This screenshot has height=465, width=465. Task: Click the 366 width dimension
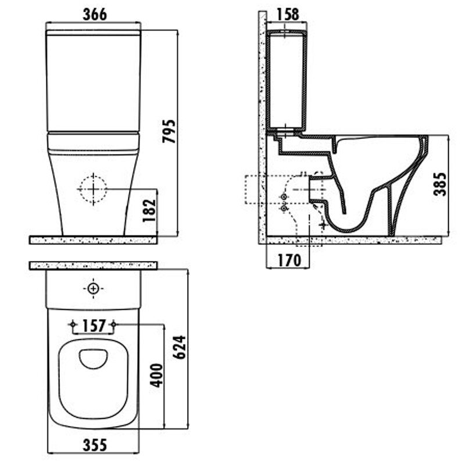pos(95,14)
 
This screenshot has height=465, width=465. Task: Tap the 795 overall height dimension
pos(169,131)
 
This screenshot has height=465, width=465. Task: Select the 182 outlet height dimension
pos(149,210)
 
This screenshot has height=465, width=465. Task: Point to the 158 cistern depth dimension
pos(287,14)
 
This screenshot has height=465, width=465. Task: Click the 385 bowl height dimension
pos(440,184)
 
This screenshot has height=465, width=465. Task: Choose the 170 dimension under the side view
pos(289,260)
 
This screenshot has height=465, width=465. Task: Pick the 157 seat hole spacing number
pos(94,325)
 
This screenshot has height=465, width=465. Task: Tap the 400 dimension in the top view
pos(156,375)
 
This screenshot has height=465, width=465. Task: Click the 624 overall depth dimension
pos(179,347)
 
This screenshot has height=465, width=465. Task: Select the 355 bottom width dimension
pos(95,445)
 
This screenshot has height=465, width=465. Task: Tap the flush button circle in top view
pos(94,288)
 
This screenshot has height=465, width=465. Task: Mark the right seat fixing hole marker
pos(113,324)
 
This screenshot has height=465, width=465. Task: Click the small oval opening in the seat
pos(94,359)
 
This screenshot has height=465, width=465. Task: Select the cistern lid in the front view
pos(94,33)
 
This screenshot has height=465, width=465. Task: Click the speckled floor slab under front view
pos(93,240)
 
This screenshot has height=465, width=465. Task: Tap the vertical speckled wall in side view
pos(263,127)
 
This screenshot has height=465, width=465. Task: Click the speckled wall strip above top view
pos(93,266)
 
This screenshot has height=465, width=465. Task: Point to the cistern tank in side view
pos(287,80)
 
